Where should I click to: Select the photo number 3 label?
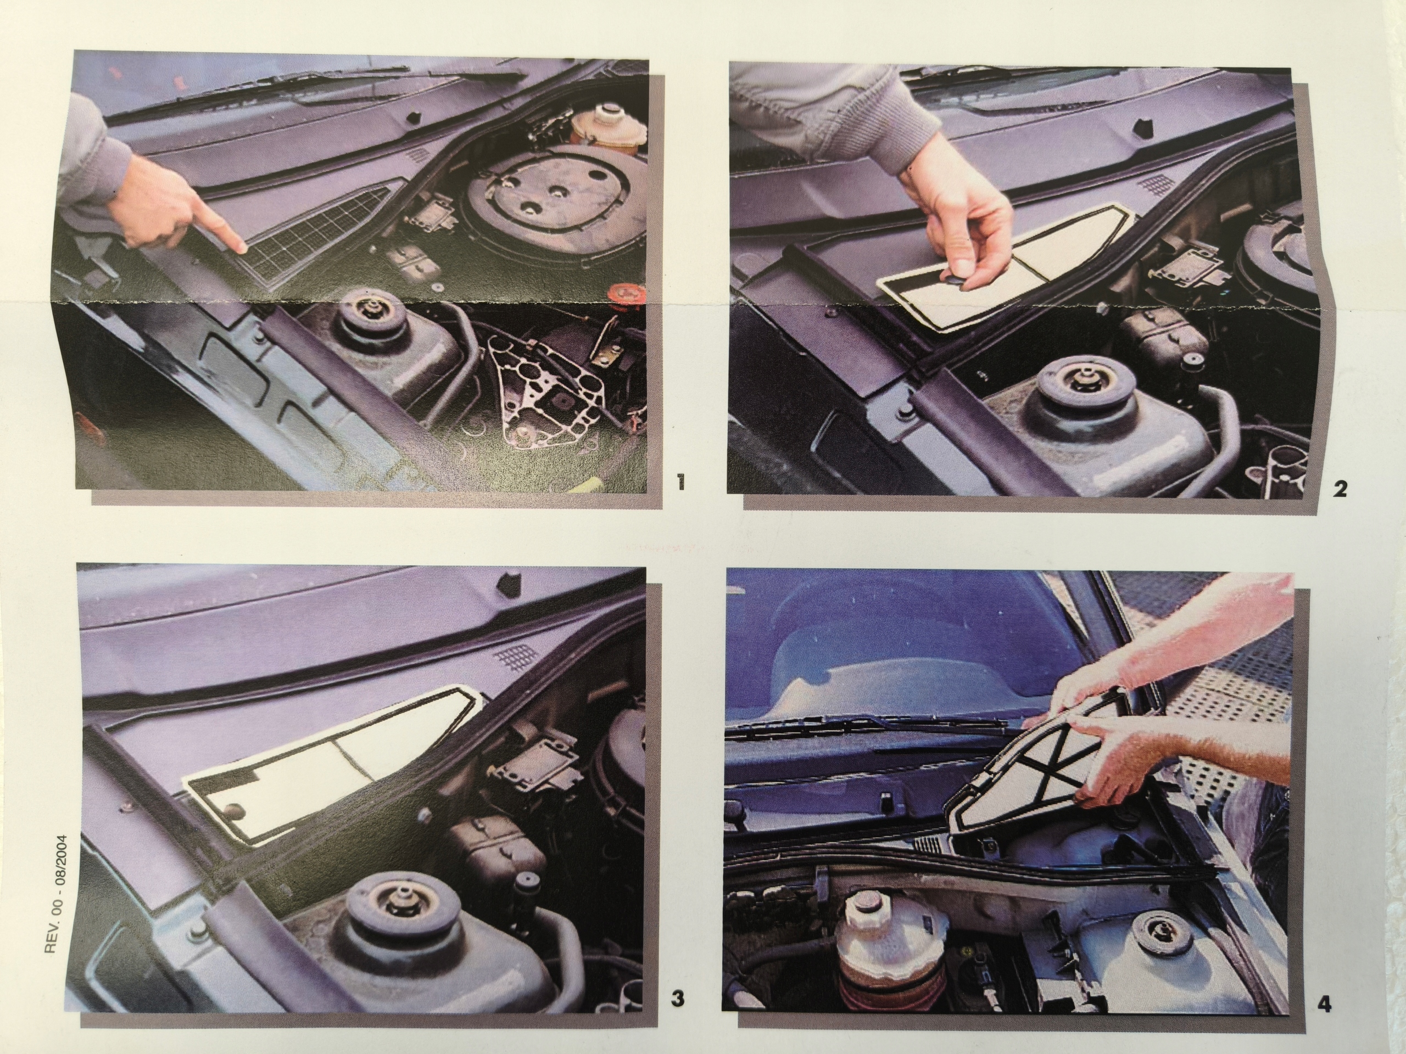(678, 998)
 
